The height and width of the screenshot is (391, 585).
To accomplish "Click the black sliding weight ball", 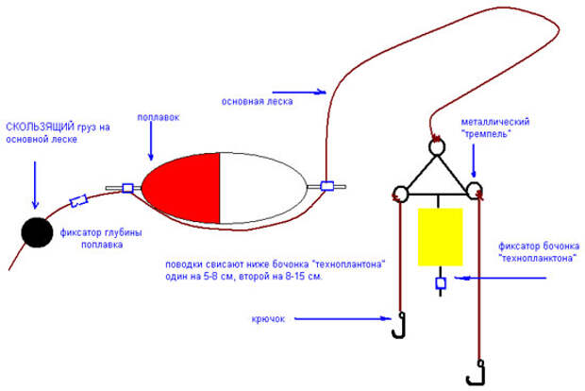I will pos(38,231).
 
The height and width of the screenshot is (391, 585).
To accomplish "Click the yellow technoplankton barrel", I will pos(439,237).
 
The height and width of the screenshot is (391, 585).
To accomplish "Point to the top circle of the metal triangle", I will pos(437,147).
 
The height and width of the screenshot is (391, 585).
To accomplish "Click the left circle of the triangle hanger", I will pos(398,195).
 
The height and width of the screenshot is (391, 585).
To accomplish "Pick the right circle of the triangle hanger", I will pos(476,193).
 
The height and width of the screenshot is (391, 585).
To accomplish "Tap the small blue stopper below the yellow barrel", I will pos(439,283).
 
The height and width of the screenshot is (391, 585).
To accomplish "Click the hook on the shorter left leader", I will pos(401,326).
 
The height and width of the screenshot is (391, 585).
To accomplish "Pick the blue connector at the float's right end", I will pos(328,186).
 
